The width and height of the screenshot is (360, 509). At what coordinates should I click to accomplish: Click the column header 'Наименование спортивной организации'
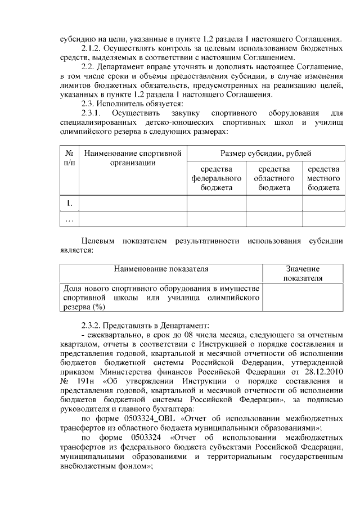point(133,158)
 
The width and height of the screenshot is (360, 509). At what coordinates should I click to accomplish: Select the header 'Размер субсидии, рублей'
point(265,153)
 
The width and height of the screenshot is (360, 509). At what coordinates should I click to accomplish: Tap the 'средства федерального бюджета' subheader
point(217,178)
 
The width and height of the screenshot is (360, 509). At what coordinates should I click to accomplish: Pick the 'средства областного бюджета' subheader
point(274,178)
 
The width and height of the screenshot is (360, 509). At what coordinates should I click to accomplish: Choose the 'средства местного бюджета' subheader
point(323,178)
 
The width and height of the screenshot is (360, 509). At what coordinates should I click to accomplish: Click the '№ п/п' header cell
point(70,158)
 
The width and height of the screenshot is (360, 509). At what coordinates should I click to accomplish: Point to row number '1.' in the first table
point(70,202)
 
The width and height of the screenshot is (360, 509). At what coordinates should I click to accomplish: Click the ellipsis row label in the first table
point(70,219)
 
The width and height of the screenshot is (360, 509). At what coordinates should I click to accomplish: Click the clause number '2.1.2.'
point(93,48)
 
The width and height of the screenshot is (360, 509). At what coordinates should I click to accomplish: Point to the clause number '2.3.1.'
point(94,114)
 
